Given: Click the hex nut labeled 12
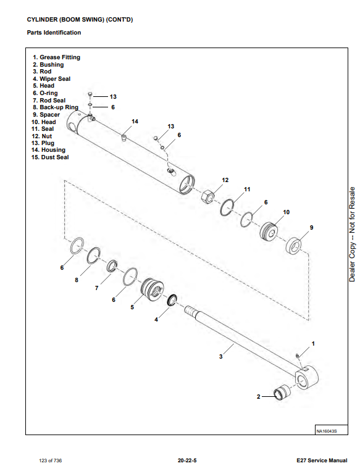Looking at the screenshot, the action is (x=207, y=197).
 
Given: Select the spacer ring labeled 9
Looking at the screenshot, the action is (x=294, y=246).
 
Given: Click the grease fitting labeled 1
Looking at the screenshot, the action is (x=297, y=356).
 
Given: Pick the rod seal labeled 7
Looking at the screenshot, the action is (x=112, y=265).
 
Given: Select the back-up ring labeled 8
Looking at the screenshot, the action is (x=93, y=256).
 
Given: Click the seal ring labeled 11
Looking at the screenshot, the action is (x=227, y=207).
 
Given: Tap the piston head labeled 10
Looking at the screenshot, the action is (x=269, y=231).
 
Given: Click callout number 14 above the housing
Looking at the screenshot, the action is (x=135, y=121).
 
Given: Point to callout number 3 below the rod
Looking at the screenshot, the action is (x=221, y=356).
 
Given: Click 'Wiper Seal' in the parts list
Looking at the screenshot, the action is (x=55, y=79).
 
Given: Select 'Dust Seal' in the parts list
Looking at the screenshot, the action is (x=55, y=157).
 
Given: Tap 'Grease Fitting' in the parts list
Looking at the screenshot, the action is (x=60, y=57).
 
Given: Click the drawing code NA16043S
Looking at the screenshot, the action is (x=327, y=431).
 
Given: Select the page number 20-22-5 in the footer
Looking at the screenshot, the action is (x=187, y=460).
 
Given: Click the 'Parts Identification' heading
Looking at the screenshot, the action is (x=54, y=32).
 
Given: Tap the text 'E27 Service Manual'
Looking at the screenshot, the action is (x=322, y=460).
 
